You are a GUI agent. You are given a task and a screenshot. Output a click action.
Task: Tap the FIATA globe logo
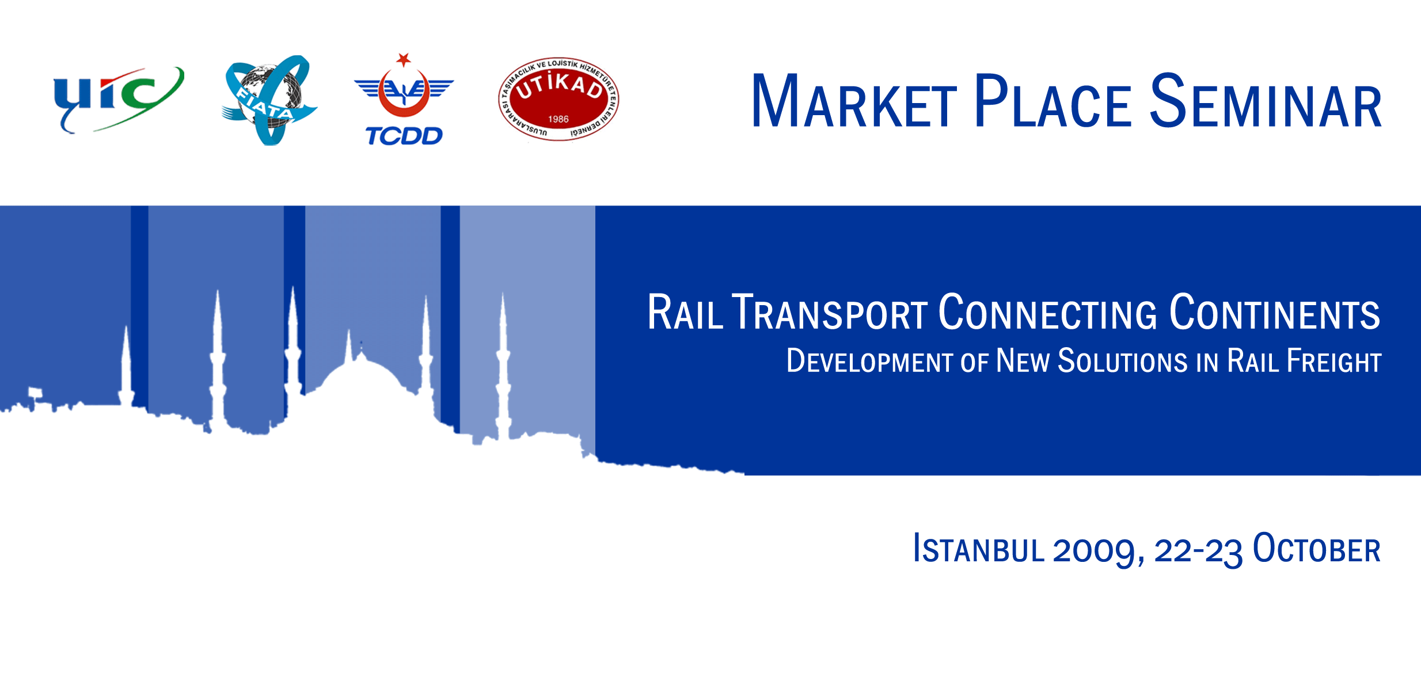(269, 100)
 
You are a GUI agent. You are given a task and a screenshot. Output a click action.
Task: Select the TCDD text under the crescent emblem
(404, 136)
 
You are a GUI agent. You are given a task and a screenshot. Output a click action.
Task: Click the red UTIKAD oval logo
(558, 99)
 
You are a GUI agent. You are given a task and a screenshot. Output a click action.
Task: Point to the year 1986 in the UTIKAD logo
(558, 119)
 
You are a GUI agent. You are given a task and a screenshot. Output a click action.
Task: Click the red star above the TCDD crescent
(404, 59)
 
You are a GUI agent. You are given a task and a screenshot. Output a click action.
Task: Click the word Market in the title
(854, 101)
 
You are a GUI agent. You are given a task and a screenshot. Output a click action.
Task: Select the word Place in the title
(1053, 101)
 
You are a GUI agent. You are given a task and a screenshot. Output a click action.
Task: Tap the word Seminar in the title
(1266, 101)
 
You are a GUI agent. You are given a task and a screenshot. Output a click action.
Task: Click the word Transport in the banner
(830, 312)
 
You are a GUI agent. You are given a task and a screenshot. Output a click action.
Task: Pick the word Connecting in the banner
(1048, 312)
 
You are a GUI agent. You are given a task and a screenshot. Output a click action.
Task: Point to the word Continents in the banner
(1275, 312)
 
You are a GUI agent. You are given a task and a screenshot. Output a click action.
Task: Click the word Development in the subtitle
(870, 361)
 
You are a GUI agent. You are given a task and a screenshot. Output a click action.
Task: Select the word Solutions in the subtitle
(1123, 361)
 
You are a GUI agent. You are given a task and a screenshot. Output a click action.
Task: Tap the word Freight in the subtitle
(1334, 361)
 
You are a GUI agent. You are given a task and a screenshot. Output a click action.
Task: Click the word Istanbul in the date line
(979, 549)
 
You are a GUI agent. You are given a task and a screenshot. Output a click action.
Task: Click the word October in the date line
(1317, 549)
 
